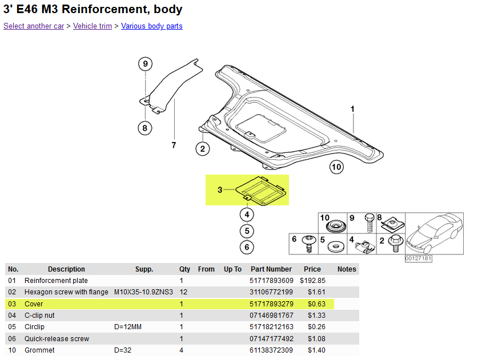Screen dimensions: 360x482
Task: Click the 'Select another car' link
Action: [x=34, y=26]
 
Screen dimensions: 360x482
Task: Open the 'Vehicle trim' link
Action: [x=93, y=26]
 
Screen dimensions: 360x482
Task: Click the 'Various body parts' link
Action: [x=152, y=26]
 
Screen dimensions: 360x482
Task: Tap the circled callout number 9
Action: [x=145, y=64]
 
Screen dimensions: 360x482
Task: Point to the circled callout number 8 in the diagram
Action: [x=145, y=128]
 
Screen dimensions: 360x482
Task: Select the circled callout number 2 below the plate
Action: [x=202, y=149]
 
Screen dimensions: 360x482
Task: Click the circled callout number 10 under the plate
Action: [x=336, y=167]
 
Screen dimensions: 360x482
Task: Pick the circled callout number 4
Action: [x=247, y=215]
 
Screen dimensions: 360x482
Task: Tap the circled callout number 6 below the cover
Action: [x=247, y=247]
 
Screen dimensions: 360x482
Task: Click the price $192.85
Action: [x=312, y=281]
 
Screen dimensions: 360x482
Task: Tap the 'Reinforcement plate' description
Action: [x=56, y=281]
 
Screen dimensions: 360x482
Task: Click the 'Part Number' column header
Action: [x=271, y=269]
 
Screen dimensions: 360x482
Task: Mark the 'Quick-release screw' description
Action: [x=57, y=339]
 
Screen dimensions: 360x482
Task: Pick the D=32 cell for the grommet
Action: [x=123, y=350]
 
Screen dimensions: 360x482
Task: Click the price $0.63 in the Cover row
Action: [x=316, y=304]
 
